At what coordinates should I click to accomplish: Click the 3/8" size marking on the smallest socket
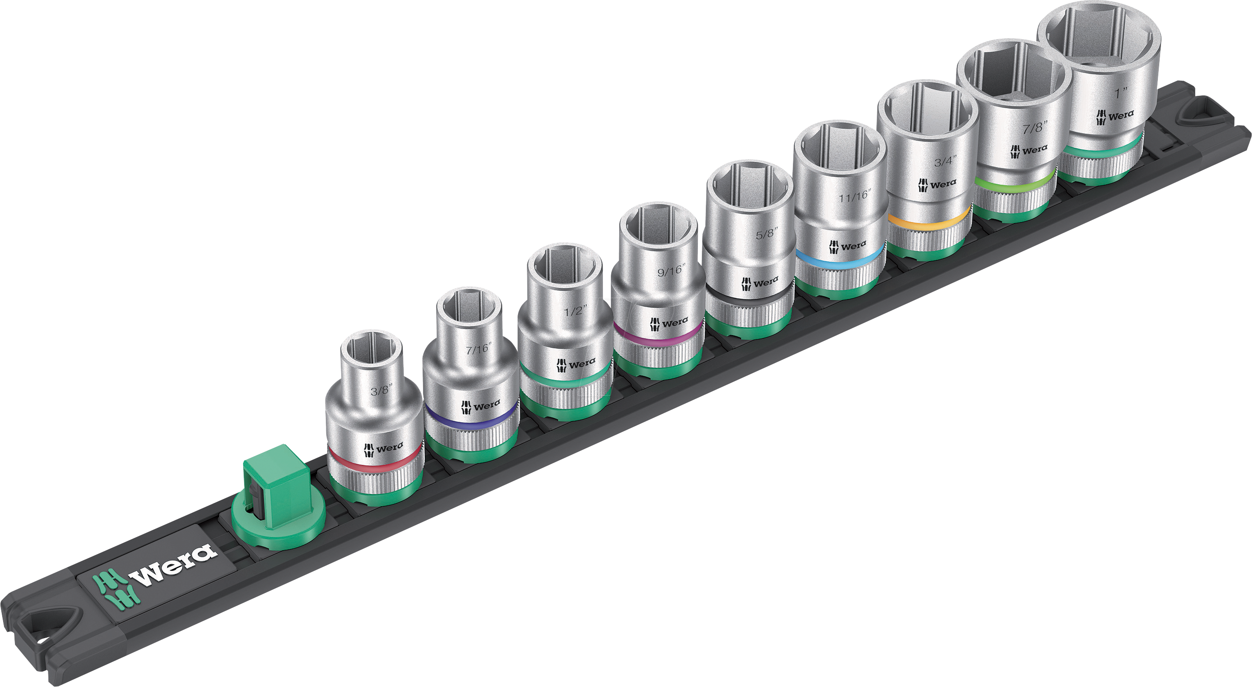[x=380, y=391]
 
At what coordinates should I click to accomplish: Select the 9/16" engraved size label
[x=671, y=270]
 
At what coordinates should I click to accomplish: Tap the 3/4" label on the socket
[x=945, y=161]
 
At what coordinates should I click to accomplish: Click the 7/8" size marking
[x=1034, y=128]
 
